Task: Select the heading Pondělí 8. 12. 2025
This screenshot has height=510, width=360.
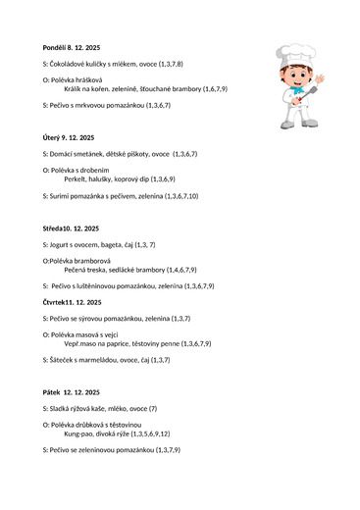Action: click(x=72, y=47)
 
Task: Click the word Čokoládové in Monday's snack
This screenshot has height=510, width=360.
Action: click(x=71, y=63)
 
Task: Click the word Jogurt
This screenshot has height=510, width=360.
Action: click(x=64, y=243)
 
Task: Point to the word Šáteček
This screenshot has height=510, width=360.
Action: click(x=65, y=360)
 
